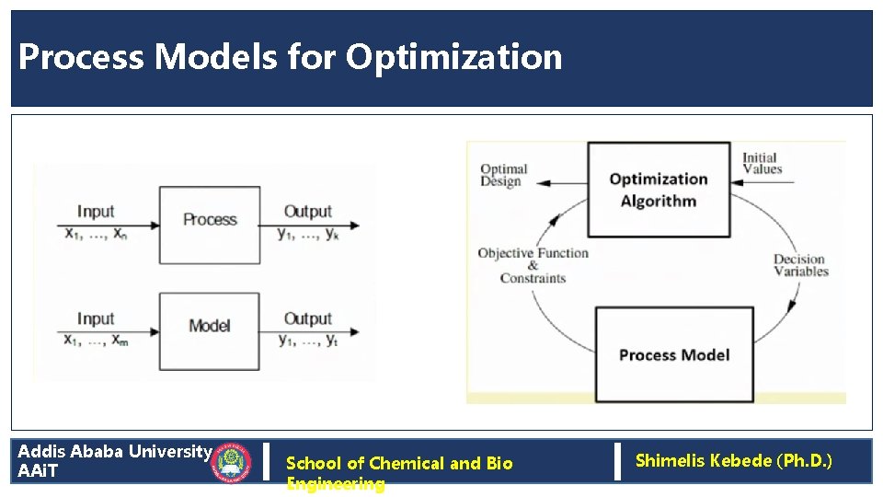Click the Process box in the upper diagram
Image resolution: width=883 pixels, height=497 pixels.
coord(210,220)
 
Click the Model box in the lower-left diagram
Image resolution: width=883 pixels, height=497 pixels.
coord(210,326)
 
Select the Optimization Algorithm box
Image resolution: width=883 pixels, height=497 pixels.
coord(659,190)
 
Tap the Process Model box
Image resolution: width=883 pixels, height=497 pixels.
coord(674,355)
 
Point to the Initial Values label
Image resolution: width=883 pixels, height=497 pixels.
coord(762,163)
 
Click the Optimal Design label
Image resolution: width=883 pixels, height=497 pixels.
coord(503,175)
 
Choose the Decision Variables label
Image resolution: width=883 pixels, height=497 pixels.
coord(801,265)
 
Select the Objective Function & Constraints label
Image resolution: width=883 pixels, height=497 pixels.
coord(533,265)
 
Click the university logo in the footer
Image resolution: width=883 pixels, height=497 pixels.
coord(232,463)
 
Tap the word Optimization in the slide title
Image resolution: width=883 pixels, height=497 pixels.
coord(453,57)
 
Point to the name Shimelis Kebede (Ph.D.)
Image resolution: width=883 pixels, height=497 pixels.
coord(733,460)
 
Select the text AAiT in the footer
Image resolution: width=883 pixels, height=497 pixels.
coord(38,471)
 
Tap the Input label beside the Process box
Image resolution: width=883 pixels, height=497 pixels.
coord(96,212)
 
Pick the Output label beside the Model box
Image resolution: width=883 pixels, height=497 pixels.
coord(307,318)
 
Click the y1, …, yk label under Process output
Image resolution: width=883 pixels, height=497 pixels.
coord(308,234)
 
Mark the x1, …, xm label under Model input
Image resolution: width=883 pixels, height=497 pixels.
coord(97,341)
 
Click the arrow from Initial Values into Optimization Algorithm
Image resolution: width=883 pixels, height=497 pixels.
coord(763,181)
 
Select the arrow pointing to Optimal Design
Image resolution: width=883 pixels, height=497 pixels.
coord(556,181)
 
